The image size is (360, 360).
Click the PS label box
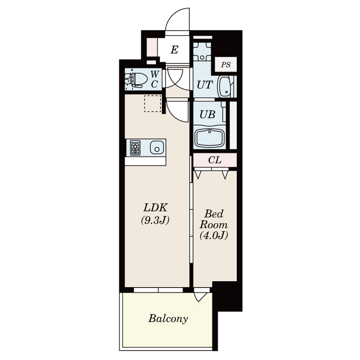tap(226, 64)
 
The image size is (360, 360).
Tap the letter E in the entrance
tap(174, 49)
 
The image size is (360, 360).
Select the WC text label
tap(154, 80)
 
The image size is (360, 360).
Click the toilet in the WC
tap(136, 80)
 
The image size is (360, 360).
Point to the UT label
tap(205, 85)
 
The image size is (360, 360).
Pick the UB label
tap(207, 114)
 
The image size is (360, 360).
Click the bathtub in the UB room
tap(209, 138)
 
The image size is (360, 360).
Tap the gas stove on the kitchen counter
tap(135, 148)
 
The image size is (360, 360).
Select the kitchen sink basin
tap(157, 148)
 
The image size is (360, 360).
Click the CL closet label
tap(215, 160)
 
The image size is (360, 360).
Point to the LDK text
tap(155, 207)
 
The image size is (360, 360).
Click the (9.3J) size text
tap(155, 220)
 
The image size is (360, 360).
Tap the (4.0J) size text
tap(214, 235)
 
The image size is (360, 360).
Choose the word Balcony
tap(168, 319)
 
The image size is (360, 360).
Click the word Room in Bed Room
tap(213, 225)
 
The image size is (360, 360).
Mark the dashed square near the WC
tap(153, 104)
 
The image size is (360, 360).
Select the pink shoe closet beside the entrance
tap(152, 47)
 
